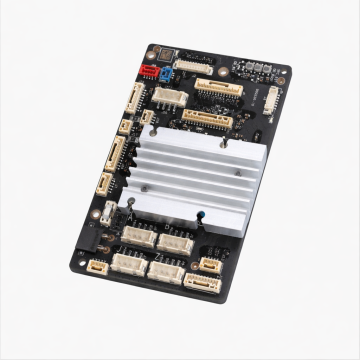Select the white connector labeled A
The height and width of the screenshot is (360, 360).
pyautogui.click(x=139, y=236)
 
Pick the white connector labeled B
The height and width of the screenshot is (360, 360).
pyautogui.click(x=174, y=243)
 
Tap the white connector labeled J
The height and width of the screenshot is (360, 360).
pyautogui.click(x=129, y=262)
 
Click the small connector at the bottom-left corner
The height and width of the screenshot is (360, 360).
pyautogui.click(x=98, y=266)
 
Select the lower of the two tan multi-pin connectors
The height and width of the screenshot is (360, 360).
pyautogui.click(x=207, y=120)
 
